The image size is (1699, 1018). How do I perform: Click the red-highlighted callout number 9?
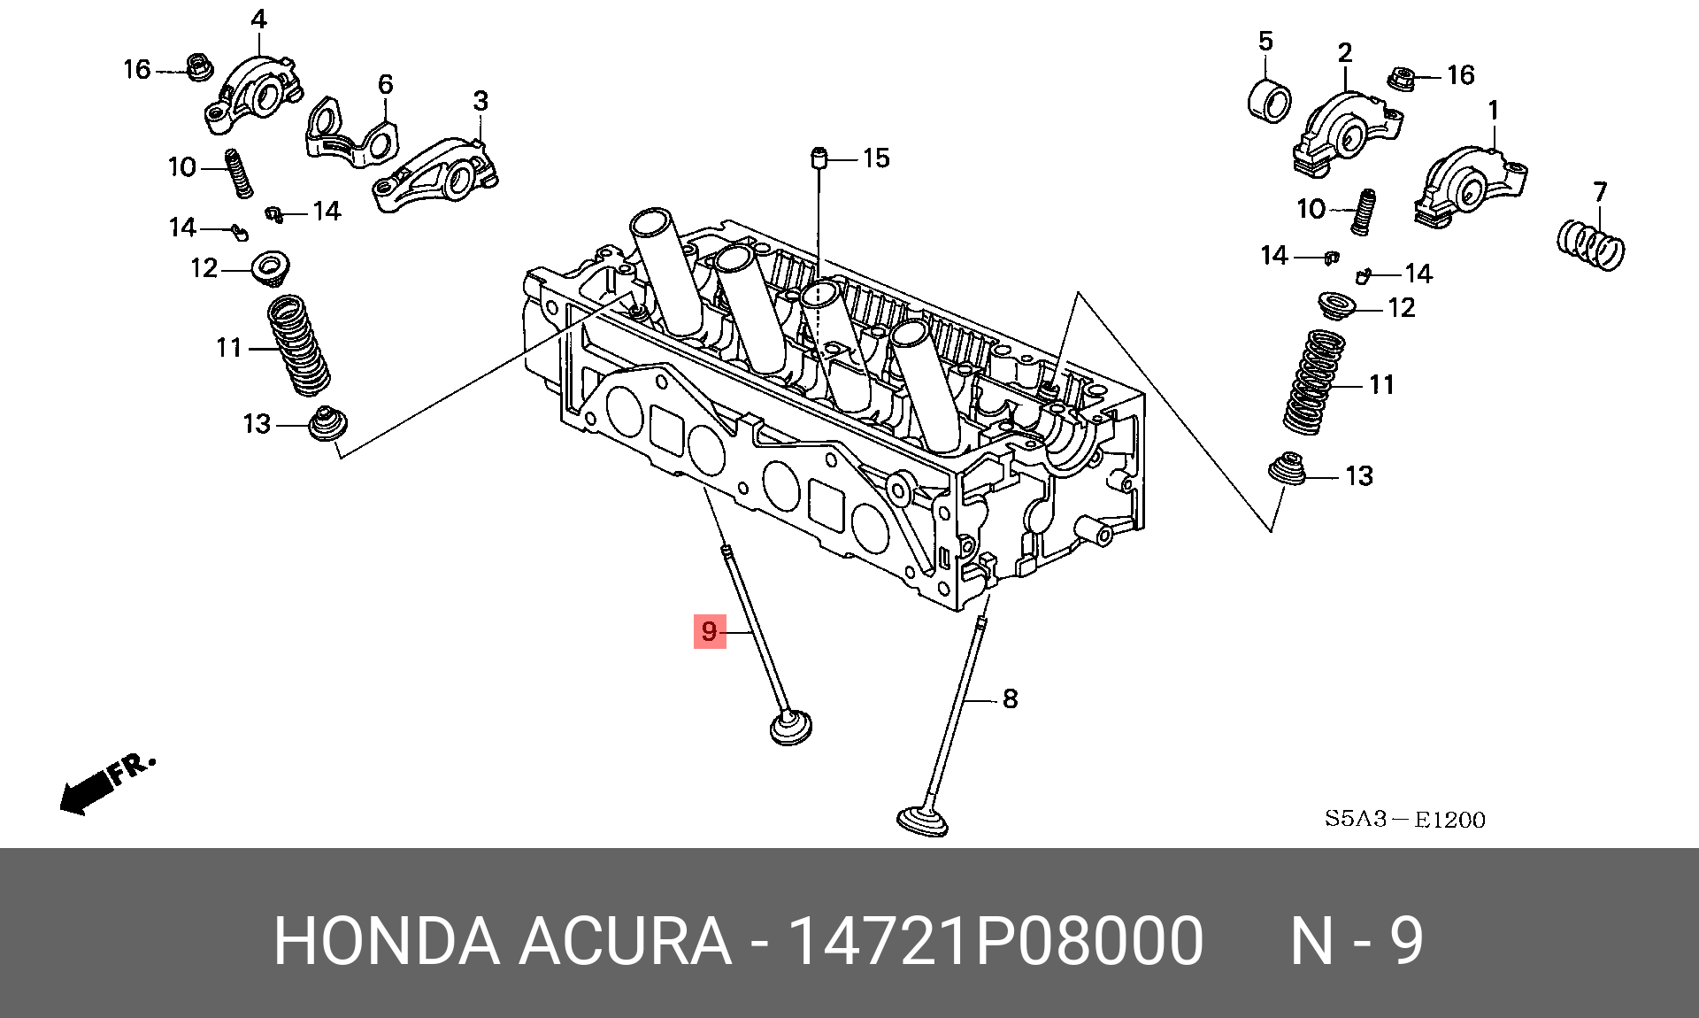[709, 631]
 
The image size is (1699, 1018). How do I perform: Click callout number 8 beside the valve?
[1010, 699]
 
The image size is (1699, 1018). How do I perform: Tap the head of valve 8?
[922, 820]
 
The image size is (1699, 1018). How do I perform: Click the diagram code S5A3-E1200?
[1404, 819]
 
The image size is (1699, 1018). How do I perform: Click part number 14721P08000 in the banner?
[995, 941]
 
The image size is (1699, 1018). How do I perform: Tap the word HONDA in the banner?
[386, 941]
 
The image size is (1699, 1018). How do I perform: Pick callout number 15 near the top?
[875, 158]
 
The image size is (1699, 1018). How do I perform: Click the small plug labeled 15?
[819, 160]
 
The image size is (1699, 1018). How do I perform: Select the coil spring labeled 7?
[1590, 245]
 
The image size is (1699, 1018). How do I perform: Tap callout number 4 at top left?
[258, 19]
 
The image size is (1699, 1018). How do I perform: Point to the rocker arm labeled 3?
[435, 174]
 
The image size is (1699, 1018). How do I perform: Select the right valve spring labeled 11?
[1314, 382]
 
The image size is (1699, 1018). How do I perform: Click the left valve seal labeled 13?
[327, 424]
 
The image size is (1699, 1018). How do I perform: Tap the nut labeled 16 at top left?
[198, 66]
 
